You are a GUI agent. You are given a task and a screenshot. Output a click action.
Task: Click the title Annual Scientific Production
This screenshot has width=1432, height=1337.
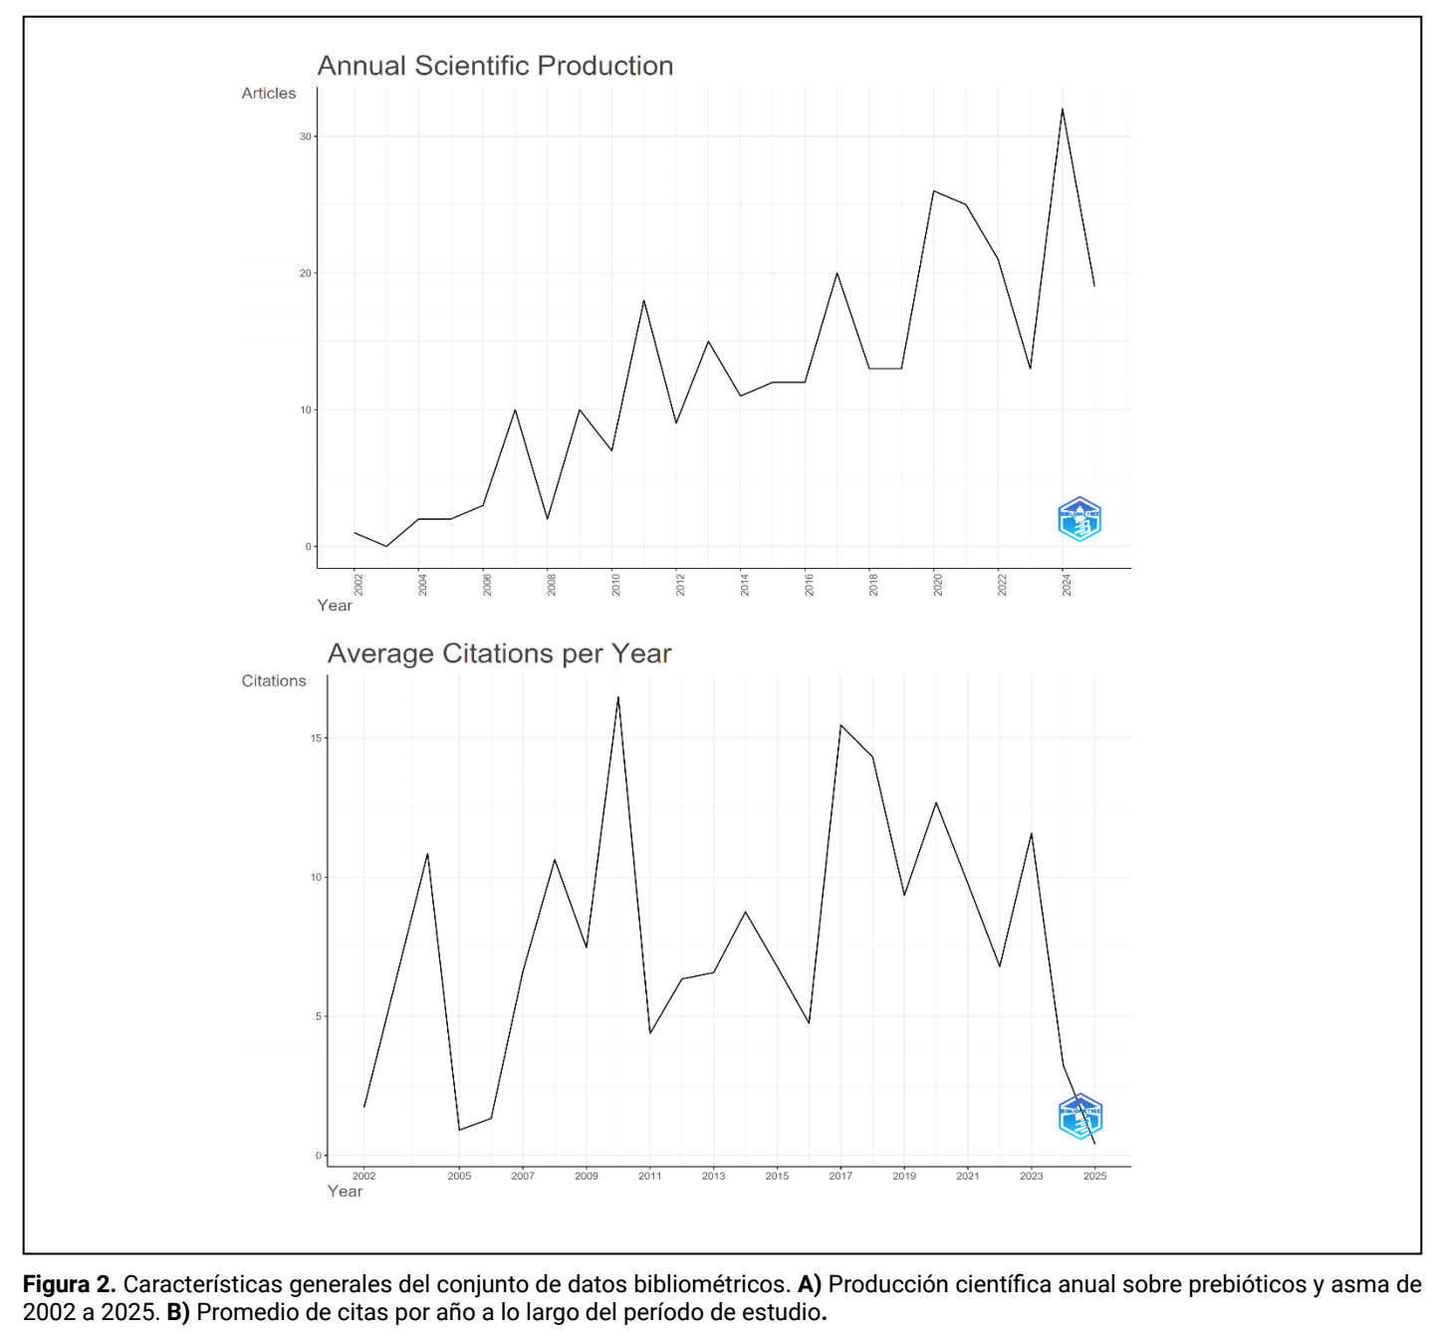(495, 66)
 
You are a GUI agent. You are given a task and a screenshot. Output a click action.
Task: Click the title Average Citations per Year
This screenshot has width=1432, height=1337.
(499, 654)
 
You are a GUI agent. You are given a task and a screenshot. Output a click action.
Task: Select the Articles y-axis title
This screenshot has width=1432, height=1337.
(268, 93)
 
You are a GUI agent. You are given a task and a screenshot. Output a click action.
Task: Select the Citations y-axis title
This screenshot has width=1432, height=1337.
(273, 680)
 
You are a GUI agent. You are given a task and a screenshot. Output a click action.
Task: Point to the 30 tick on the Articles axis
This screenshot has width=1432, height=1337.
(305, 136)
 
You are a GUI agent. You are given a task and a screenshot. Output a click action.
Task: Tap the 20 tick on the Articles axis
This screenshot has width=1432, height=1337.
(305, 273)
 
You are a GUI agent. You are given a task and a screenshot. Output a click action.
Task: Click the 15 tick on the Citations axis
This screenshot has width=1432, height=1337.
(316, 737)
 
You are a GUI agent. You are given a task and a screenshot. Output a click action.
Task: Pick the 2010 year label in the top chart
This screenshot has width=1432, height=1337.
(615, 585)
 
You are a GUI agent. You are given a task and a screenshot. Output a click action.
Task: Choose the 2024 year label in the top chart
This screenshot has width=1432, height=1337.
(1066, 585)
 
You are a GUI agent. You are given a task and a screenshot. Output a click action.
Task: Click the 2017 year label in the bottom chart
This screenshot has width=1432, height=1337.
(840, 1176)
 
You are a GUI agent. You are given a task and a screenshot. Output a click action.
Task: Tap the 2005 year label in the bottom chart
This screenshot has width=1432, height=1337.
(459, 1176)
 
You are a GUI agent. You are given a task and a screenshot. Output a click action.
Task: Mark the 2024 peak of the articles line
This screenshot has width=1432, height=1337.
(1062, 109)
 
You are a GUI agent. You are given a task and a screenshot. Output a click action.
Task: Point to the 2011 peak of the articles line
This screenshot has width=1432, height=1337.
(643, 300)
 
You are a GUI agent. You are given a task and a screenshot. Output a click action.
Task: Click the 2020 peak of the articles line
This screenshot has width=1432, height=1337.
(933, 191)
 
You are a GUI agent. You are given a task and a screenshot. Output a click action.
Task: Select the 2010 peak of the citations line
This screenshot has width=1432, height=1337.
(618, 697)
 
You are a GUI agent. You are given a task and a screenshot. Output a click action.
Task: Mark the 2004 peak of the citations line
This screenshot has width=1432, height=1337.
(427, 854)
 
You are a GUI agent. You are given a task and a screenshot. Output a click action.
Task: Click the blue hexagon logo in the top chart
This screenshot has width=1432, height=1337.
(1078, 519)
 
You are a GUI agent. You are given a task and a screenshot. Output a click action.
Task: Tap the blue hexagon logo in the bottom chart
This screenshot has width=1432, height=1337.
(1079, 1116)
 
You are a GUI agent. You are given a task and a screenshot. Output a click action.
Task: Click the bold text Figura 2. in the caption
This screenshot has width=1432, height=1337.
(70, 1283)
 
